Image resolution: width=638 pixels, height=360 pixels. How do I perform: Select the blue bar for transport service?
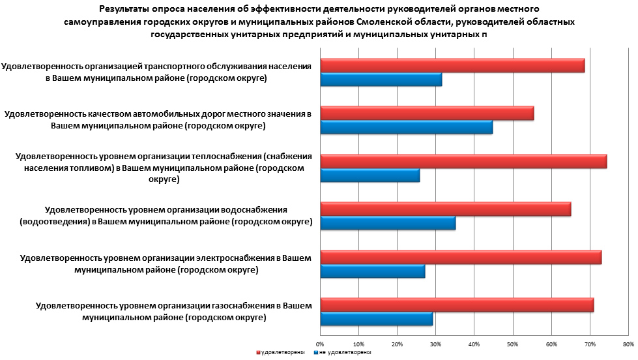pyautogui.click(x=381, y=80)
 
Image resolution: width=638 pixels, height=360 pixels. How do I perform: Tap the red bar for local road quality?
pyautogui.click(x=427, y=113)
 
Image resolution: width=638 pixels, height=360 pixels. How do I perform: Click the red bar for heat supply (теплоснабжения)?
pyautogui.click(x=463, y=161)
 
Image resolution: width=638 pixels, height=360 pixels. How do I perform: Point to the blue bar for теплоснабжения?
pyautogui.click(x=370, y=175)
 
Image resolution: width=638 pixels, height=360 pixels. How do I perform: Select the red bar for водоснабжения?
pyautogui.click(x=445, y=209)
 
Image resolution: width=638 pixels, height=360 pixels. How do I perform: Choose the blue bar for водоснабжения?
pyautogui.click(x=388, y=223)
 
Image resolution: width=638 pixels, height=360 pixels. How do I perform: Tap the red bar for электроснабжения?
pyautogui.click(x=461, y=256)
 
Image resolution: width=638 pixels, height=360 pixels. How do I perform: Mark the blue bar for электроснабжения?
pyautogui.click(x=372, y=271)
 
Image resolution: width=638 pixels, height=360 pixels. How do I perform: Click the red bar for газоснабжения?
pyautogui.click(x=457, y=305)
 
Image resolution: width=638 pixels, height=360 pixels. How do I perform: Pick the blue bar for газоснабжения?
pyautogui.click(x=376, y=319)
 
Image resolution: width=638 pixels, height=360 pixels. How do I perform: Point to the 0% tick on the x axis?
pyautogui.click(x=320, y=344)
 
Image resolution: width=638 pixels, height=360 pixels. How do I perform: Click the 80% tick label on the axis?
pyautogui.click(x=628, y=344)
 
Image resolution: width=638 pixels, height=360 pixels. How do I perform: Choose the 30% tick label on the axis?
pyautogui.click(x=435, y=344)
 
